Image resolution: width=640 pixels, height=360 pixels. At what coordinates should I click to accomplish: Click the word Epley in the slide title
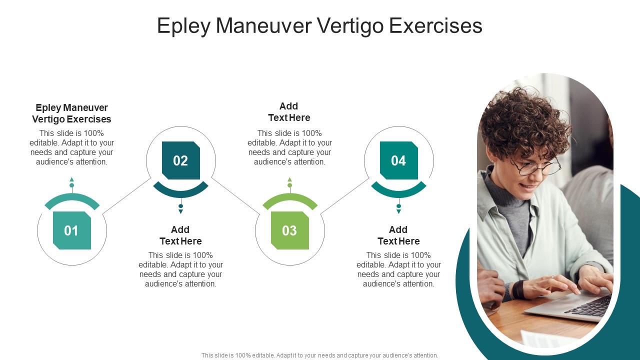183,26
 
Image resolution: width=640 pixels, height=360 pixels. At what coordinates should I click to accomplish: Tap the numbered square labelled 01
71,230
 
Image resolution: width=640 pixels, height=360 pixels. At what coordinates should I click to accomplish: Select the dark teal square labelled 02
180,160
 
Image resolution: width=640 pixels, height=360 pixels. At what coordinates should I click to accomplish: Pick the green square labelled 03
289,230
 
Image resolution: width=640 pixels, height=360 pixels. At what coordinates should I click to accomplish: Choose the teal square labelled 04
398,160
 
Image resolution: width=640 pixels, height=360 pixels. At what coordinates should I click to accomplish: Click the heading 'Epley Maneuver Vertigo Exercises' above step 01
71,113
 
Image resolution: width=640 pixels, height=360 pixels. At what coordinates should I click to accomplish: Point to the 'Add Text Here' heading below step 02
180,235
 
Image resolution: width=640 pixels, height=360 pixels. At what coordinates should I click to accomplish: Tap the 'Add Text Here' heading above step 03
289,112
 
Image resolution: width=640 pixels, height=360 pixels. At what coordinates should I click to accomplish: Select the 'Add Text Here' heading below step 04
398,235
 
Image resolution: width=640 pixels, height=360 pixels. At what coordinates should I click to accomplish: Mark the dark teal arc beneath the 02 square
180,191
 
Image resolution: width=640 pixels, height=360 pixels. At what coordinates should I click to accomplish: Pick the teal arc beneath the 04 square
398,191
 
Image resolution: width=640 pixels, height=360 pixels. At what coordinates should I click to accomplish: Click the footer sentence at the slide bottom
320,355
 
